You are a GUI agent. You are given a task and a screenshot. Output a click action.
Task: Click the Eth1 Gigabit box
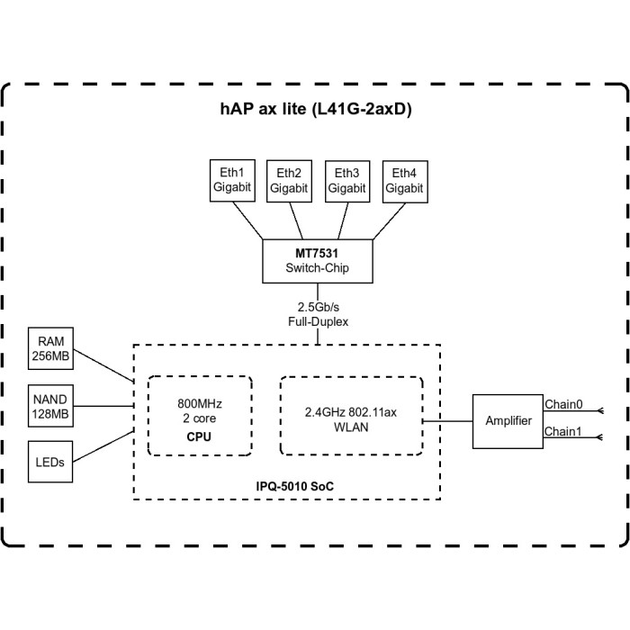coord(231,180)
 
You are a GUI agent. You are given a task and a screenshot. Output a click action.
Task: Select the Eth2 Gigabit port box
coord(289,180)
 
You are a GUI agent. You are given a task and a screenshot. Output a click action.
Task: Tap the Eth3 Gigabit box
coord(346,180)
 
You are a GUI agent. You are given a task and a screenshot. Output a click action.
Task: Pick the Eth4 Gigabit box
coord(404,180)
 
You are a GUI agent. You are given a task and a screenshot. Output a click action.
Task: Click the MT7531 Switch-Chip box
coord(317,261)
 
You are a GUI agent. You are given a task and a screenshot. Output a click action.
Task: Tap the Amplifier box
coord(508,421)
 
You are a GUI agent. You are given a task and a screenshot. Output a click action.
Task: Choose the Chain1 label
coord(563,432)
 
